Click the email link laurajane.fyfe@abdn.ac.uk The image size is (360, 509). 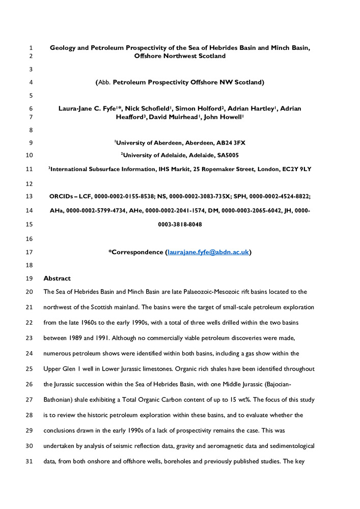tap(208, 252)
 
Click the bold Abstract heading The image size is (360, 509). tap(57, 278)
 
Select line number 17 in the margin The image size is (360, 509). tap(29, 252)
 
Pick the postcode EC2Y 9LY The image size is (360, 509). tap(294, 168)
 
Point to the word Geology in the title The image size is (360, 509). tap(65, 47)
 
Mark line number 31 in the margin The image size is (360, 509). tap(29, 431)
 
